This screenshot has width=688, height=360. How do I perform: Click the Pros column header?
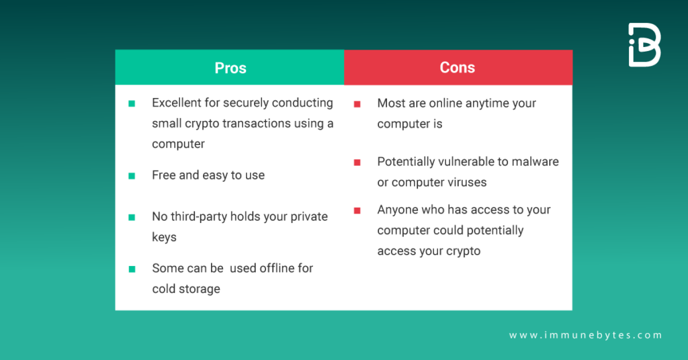pos(230,68)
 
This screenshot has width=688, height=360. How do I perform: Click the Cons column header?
pos(457,68)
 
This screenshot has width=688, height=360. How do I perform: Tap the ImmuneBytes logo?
pos(644,45)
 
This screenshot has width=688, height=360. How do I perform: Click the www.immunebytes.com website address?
pos(585,335)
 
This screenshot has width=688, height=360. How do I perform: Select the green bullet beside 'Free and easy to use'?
pos(132,176)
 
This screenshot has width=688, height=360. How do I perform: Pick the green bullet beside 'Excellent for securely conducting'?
pos(132,103)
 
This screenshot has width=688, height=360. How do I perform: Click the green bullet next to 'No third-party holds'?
pos(132,218)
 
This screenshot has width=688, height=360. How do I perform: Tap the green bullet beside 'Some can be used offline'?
pos(132,269)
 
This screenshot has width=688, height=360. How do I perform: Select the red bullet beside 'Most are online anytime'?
pos(357,104)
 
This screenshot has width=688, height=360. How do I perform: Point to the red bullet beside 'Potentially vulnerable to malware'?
pos(357,163)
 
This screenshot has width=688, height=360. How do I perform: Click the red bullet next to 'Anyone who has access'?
pos(357,211)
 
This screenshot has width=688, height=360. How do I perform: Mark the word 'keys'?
pos(164,237)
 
